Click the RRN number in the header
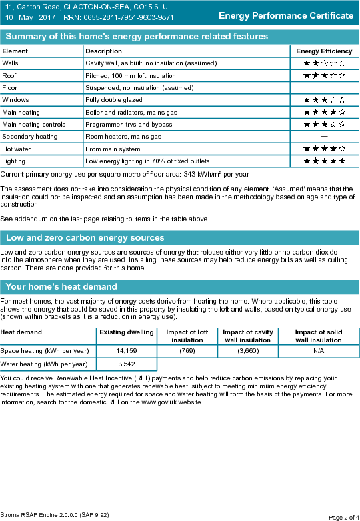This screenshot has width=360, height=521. (x=129, y=17)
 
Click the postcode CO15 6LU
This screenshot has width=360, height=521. (x=155, y=7)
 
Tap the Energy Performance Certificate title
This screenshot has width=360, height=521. (x=286, y=15)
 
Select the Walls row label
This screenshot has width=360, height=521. (x=10, y=63)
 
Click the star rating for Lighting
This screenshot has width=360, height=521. (x=325, y=161)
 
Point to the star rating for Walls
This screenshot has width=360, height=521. (x=325, y=63)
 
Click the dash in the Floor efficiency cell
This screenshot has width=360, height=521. (x=324, y=87)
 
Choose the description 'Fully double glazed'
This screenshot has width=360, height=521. (x=114, y=100)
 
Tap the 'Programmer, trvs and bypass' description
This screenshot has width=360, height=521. (x=129, y=125)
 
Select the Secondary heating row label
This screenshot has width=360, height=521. (x=30, y=137)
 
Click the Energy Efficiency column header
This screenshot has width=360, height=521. (x=324, y=51)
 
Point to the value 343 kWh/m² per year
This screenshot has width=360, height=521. (x=216, y=174)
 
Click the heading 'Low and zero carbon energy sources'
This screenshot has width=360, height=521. (x=85, y=238)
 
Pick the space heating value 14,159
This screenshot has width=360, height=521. (x=127, y=351)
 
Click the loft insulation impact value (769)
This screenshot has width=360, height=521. (x=187, y=351)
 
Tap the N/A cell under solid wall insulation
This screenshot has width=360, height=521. (x=319, y=351)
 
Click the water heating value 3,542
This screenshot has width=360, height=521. (x=127, y=364)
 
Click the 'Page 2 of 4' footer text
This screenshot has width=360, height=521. (x=344, y=518)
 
